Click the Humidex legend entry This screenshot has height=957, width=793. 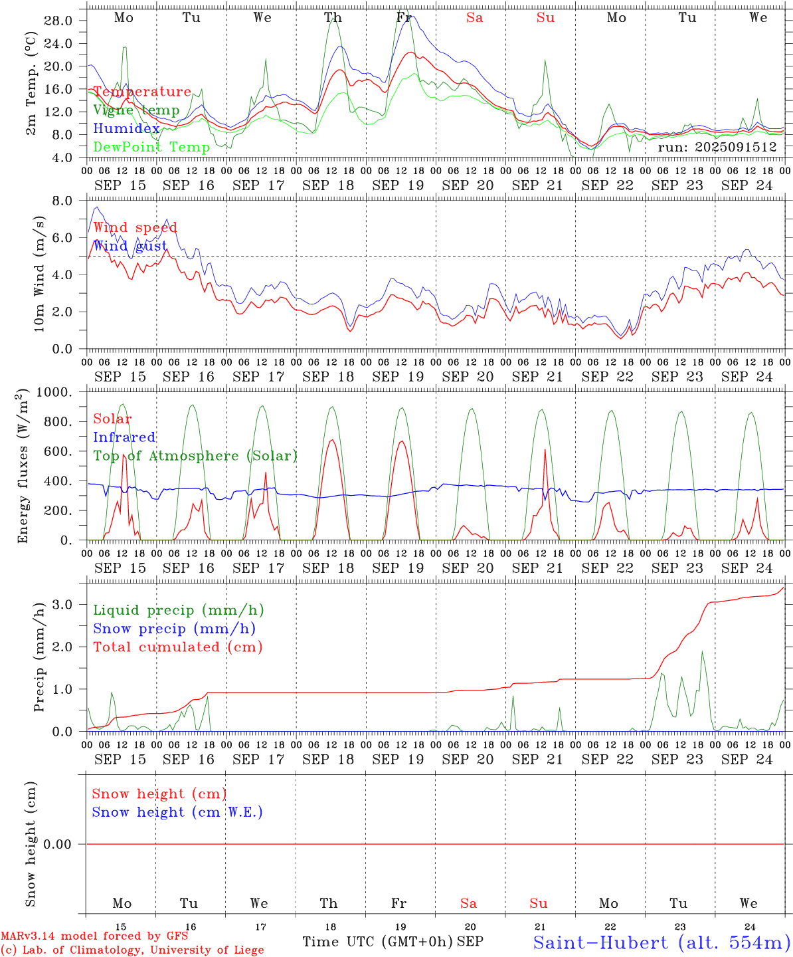126,129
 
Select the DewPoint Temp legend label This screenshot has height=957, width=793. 151,148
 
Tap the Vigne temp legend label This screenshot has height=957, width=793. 136,110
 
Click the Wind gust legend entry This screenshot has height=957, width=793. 130,246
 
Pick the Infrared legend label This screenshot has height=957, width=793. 124,437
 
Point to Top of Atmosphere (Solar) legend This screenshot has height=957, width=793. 195,456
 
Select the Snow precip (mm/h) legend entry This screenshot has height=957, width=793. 174,629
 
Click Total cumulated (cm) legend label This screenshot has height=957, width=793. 178,647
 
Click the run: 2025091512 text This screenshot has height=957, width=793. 717,148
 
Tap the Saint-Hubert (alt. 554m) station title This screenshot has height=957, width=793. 661,942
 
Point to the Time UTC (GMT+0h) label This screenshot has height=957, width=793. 377,942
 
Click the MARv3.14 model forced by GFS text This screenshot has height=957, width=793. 94,936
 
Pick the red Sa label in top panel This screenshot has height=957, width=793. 474,18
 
